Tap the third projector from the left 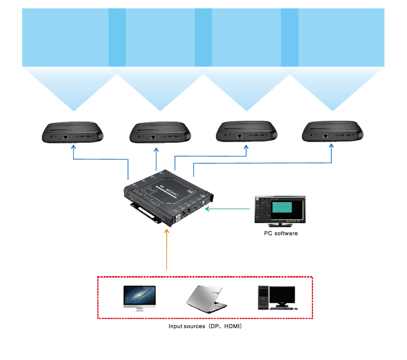point(246,132)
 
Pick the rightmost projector point(332,132)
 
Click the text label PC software point(281,233)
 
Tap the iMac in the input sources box point(139,298)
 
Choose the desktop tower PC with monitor point(276,298)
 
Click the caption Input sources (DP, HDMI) point(205,327)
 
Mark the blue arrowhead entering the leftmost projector point(73,147)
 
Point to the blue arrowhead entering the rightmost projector point(332,146)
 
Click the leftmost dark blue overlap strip point(117,38)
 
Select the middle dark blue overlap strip point(203,38)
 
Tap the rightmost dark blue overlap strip point(290,38)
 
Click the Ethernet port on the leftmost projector point(65,137)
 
